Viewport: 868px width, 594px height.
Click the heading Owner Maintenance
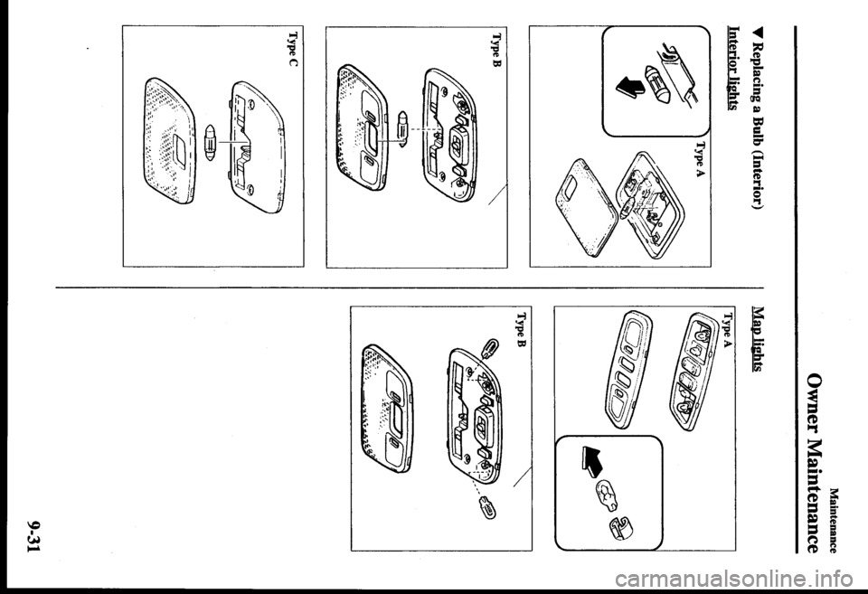click(815, 462)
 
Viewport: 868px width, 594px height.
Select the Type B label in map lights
click(522, 330)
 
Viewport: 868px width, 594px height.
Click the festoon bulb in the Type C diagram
click(210, 142)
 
